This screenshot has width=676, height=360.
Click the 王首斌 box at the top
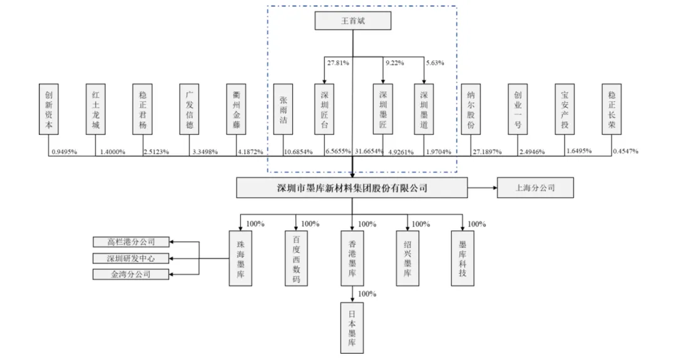pos(352,21)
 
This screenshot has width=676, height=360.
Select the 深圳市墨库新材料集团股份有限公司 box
pos(352,188)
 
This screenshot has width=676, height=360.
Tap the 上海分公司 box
pos(535,188)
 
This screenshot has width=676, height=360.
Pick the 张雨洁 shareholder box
pos(283,110)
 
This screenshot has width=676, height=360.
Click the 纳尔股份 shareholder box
pos(471,110)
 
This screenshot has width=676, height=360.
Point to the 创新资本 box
pos(49,110)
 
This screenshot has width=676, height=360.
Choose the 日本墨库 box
pos(352,327)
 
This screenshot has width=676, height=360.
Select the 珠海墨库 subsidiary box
pos(240,259)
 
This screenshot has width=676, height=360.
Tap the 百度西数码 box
pos(296,259)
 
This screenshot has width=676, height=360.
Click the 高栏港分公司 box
pos(131,242)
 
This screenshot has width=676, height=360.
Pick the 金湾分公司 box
pos(131,274)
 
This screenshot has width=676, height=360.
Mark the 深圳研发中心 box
pos(131,258)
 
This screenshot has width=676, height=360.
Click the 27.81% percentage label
pos(338,63)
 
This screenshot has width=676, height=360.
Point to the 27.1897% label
pos(487,152)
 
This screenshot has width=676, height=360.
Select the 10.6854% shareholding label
pos(299,152)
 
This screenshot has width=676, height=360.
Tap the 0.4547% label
pos(625,152)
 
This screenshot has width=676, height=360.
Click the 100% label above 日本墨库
pos(367,294)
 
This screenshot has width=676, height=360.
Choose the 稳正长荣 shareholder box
pos(612,110)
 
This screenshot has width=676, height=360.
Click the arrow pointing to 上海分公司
pos(483,188)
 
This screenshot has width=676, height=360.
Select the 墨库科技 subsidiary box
pos(463,259)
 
